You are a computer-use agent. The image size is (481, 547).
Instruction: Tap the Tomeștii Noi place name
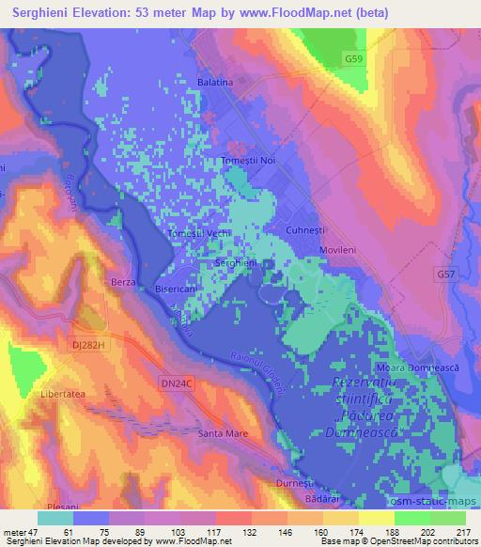[x=248, y=161]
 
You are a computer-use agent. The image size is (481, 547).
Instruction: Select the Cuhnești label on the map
[x=306, y=229]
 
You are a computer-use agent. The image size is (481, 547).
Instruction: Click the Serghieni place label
[x=237, y=263]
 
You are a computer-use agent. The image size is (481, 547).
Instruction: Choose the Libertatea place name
[x=63, y=395]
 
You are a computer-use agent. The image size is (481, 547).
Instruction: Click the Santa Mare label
[x=222, y=433]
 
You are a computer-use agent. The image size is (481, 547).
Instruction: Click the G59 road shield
[x=353, y=59]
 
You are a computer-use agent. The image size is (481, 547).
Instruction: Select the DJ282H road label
[x=88, y=346]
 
